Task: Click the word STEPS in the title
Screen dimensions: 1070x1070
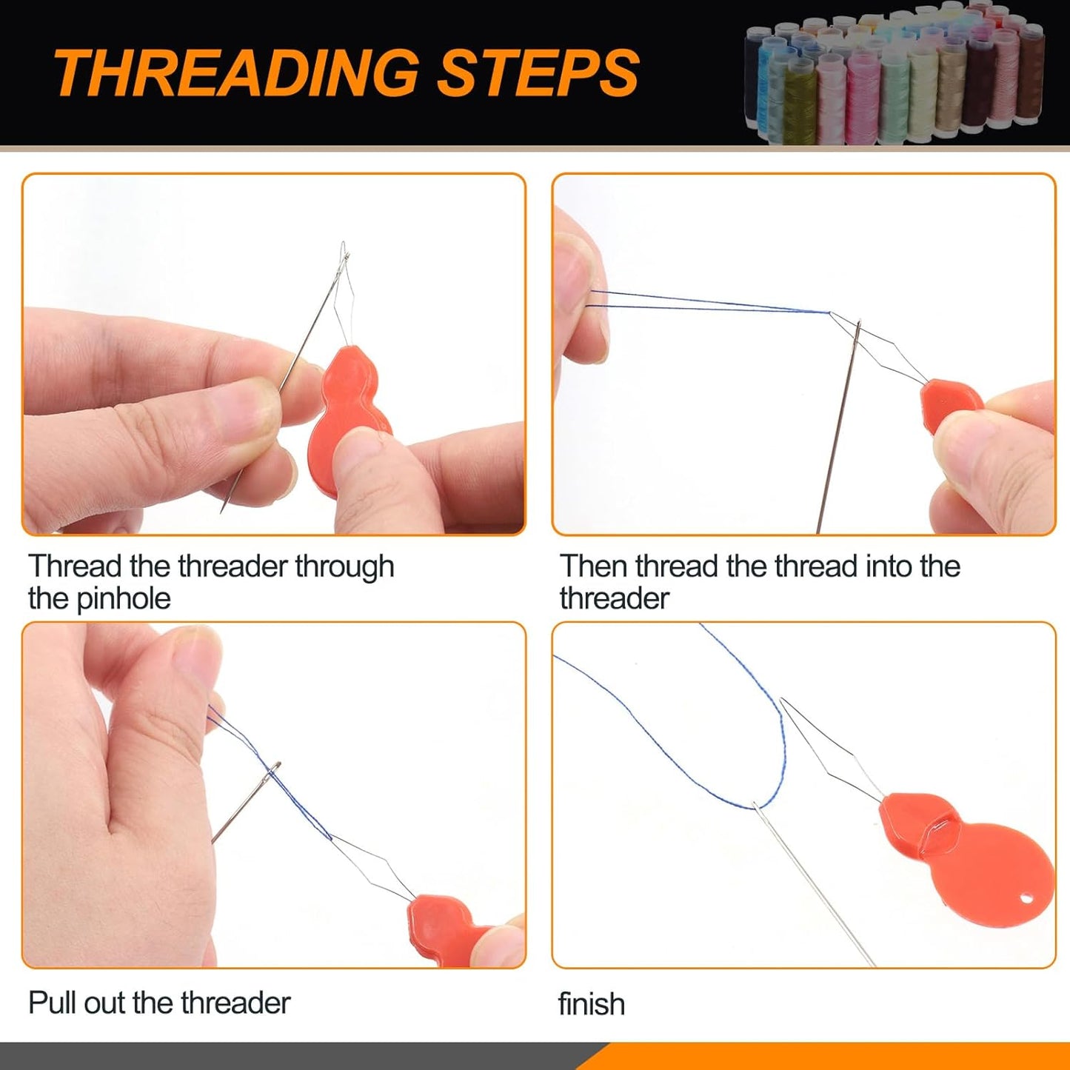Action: (538, 73)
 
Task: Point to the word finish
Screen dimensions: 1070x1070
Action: (592, 1004)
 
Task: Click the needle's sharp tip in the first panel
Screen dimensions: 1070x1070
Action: (221, 512)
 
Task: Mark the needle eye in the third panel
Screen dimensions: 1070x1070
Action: (275, 769)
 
